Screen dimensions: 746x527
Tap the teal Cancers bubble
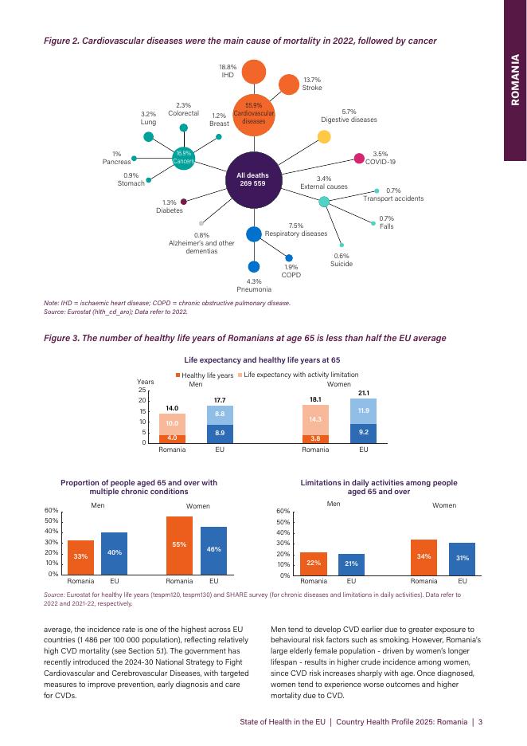point(185,157)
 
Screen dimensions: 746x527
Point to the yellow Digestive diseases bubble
point(324,137)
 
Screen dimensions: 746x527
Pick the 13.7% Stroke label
point(311,84)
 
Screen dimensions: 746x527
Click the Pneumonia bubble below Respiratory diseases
point(254,268)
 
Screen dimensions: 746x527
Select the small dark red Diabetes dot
point(184,202)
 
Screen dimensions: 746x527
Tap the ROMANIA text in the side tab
point(515,80)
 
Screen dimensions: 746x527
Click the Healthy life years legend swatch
point(178,375)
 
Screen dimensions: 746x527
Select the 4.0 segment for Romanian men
point(172,438)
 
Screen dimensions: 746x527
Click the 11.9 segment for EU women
point(364,411)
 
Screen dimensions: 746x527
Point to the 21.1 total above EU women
point(364,393)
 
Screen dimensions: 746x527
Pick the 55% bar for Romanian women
point(179,545)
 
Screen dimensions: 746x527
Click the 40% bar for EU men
point(114,552)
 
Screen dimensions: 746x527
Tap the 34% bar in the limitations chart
point(424,557)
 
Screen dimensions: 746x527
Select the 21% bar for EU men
point(351,564)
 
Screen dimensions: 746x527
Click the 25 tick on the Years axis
point(142,390)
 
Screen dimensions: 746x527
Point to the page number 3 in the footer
point(481,723)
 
